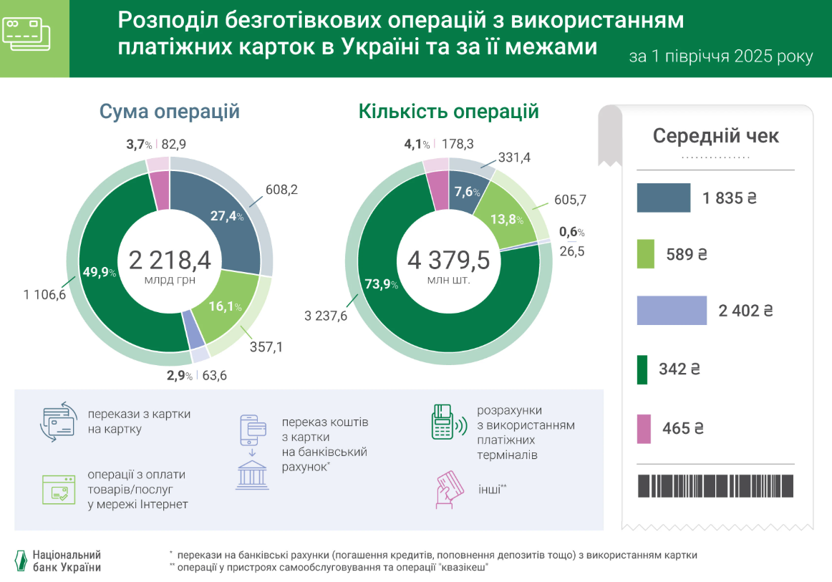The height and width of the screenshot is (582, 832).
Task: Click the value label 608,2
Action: [280, 190]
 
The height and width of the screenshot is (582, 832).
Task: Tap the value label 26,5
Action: [571, 251]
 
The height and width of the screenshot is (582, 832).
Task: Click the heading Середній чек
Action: [715, 136]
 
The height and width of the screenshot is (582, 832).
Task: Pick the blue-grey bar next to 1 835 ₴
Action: [664, 198]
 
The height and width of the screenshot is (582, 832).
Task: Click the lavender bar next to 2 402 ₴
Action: [672, 311]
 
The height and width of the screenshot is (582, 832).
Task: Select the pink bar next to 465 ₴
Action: [644, 428]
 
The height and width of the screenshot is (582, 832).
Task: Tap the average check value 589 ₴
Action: [682, 254]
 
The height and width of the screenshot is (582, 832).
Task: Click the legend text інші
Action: [493, 489]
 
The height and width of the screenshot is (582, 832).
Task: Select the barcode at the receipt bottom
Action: [715, 485]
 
